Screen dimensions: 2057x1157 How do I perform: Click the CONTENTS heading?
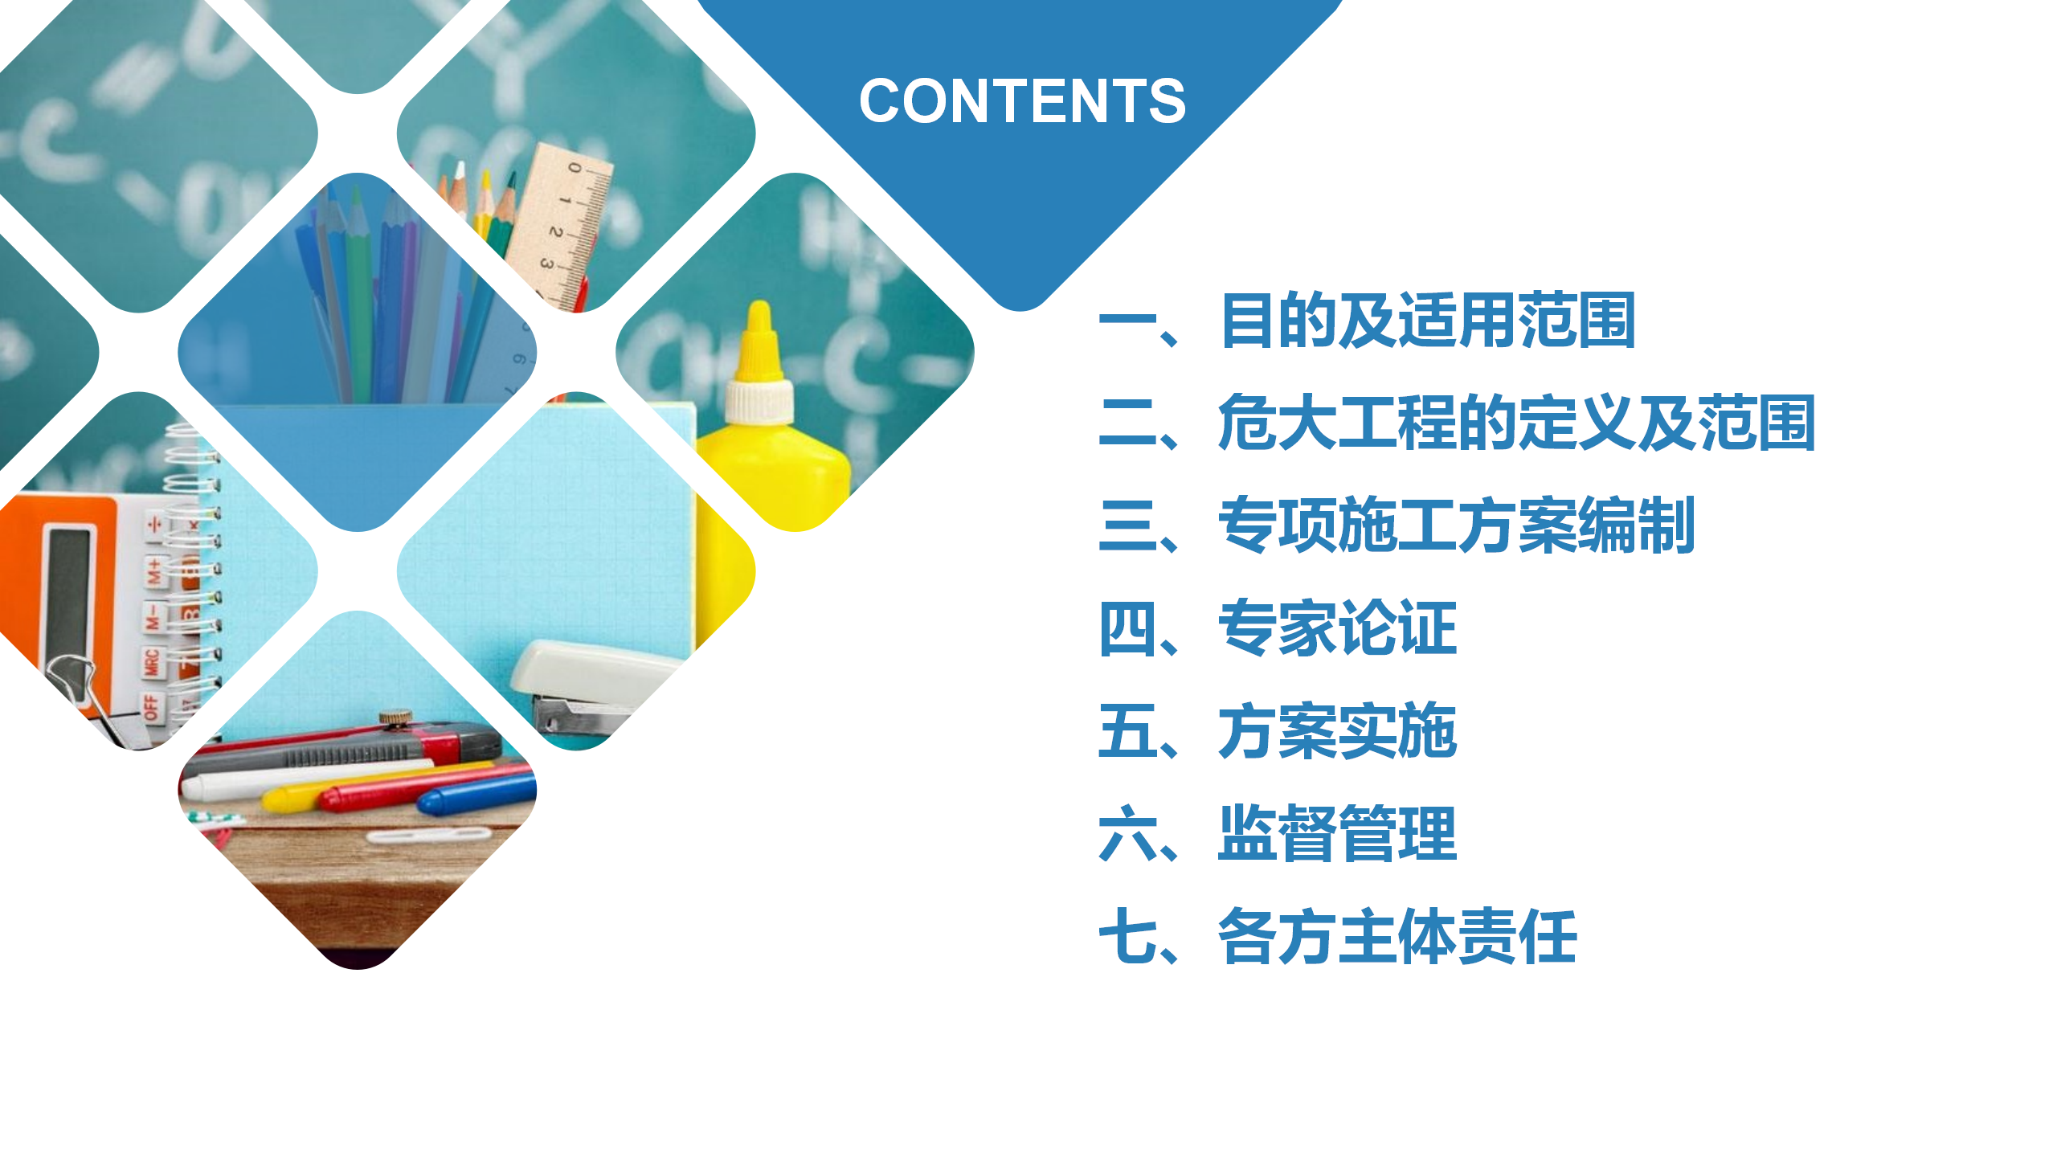tap(1022, 101)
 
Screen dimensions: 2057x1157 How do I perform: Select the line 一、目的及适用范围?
tap(1367, 321)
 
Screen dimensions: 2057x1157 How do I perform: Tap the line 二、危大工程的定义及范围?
tap(1457, 423)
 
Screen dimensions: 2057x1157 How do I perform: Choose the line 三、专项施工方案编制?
tap(1397, 525)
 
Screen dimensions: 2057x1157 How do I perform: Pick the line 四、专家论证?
tap(1278, 628)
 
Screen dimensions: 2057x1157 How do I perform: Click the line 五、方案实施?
tap(1278, 730)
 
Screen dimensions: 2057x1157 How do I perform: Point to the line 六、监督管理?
tap(1278, 833)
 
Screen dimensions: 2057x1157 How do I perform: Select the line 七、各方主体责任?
tap(1337, 936)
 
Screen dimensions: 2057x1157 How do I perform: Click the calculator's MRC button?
tap(152, 664)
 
